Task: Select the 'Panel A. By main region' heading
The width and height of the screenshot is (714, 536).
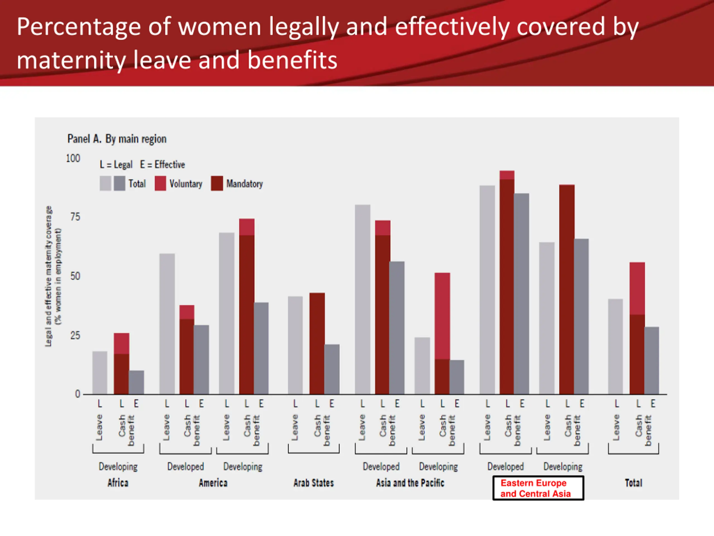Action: pyautogui.click(x=117, y=139)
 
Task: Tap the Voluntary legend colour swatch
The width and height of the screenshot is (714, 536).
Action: pyautogui.click(x=160, y=183)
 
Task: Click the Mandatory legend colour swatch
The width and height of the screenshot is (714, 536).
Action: pyautogui.click(x=217, y=183)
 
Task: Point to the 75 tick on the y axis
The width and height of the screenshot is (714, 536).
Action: pyautogui.click(x=75, y=217)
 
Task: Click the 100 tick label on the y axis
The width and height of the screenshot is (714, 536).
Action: pyautogui.click(x=73, y=158)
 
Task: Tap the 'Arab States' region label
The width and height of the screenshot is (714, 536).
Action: pyautogui.click(x=313, y=483)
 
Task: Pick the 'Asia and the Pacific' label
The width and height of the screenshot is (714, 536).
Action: pyautogui.click(x=410, y=483)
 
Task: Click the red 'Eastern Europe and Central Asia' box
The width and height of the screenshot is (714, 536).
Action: pyautogui.click(x=538, y=488)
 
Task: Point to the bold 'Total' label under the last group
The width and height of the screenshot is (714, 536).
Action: pyautogui.click(x=633, y=483)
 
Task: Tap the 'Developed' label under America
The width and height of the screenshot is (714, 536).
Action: pyautogui.click(x=185, y=466)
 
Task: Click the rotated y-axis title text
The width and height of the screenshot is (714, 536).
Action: pyautogui.click(x=53, y=276)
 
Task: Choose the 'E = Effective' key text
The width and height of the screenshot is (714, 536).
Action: pyautogui.click(x=162, y=164)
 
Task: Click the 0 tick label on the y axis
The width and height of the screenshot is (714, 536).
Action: pyautogui.click(x=78, y=394)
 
